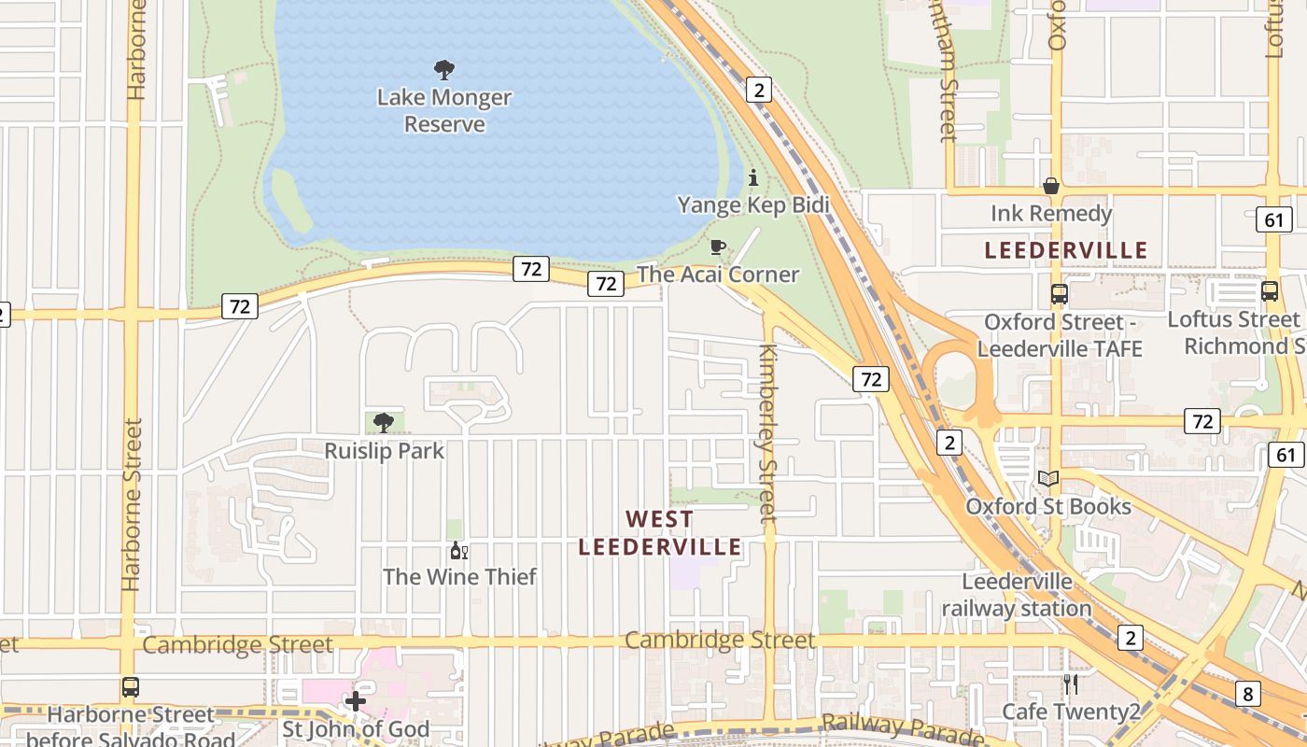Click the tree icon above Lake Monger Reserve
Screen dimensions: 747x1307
click(444, 69)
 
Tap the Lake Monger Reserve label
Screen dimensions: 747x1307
click(444, 110)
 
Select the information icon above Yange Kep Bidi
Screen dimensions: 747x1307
click(753, 177)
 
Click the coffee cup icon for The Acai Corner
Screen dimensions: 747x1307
click(717, 247)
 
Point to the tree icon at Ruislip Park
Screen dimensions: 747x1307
click(383, 423)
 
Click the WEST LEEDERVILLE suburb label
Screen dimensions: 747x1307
click(660, 532)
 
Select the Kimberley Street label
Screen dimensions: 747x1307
click(767, 433)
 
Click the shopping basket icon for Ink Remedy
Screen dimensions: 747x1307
click(1051, 187)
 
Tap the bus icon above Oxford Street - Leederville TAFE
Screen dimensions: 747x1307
click(1059, 294)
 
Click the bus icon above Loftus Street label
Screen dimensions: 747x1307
click(1270, 291)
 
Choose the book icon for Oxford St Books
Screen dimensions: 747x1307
click(1048, 479)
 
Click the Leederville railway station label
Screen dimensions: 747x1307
click(1017, 595)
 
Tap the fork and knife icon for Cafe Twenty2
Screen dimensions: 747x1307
click(1071, 684)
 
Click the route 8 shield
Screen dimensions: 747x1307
click(1248, 694)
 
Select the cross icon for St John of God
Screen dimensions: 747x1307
click(356, 700)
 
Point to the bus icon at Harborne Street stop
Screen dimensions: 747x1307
click(131, 687)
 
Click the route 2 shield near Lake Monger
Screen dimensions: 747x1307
click(759, 90)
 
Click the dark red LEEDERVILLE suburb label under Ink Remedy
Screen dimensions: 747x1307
click(1066, 250)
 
